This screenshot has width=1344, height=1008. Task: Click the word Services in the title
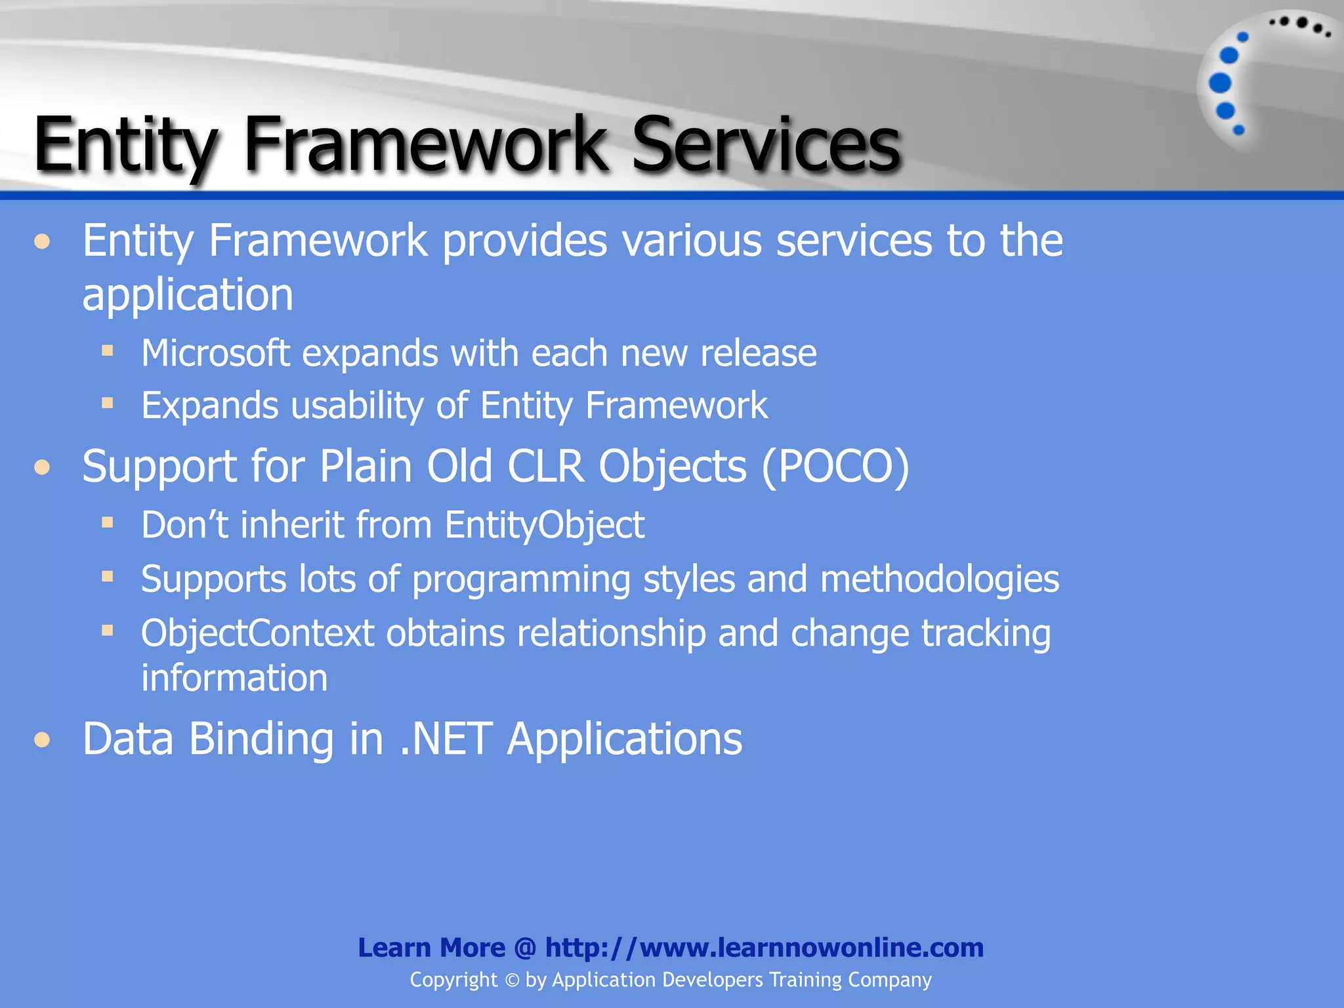pyautogui.click(x=765, y=144)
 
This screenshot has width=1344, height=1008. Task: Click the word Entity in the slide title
pyautogui.click(x=125, y=144)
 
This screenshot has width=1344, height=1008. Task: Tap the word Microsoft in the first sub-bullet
pyautogui.click(x=215, y=354)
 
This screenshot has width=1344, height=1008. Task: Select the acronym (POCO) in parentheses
pyautogui.click(x=835, y=467)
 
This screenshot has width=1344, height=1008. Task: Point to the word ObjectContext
pyautogui.click(x=257, y=634)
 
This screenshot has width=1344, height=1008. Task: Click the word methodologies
pyautogui.click(x=939, y=579)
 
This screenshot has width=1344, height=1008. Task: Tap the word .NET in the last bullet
pyautogui.click(x=446, y=740)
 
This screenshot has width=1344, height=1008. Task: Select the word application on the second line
pyautogui.click(x=188, y=295)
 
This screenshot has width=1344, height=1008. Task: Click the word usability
pyautogui.click(x=357, y=406)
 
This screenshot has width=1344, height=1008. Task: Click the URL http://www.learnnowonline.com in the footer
pyautogui.click(x=764, y=948)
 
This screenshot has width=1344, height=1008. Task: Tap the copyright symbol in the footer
pyautogui.click(x=512, y=980)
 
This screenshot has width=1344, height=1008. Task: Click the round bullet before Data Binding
pyautogui.click(x=43, y=740)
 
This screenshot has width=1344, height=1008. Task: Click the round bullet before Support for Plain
pyautogui.click(x=43, y=467)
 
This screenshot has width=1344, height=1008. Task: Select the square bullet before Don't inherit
pyautogui.click(x=108, y=523)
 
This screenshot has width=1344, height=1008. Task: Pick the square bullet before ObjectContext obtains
pyautogui.click(x=108, y=631)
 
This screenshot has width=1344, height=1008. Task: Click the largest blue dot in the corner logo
pyautogui.click(x=1220, y=83)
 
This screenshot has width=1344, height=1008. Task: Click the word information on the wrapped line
pyautogui.click(x=234, y=678)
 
